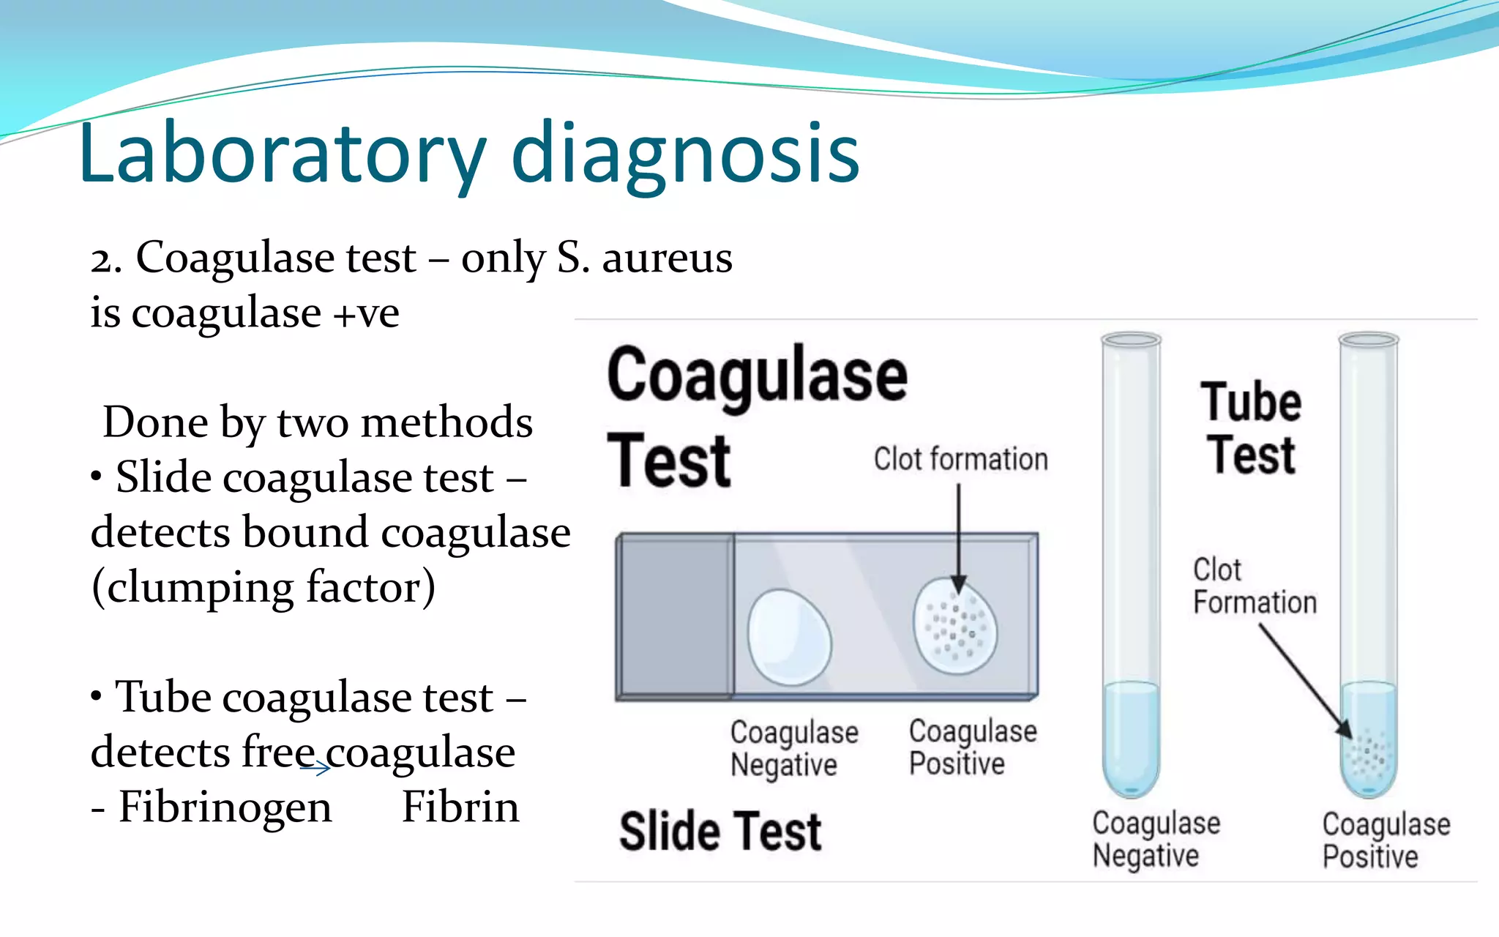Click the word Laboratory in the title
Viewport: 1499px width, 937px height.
coord(282,154)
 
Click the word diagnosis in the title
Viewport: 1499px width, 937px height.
coord(685,155)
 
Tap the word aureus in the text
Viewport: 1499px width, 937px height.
coord(667,258)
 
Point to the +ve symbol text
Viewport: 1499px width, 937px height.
coord(366,313)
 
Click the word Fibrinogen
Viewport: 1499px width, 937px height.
coord(225,807)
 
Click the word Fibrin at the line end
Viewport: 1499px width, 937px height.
coord(460,807)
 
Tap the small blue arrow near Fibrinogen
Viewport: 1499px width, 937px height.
coord(315,767)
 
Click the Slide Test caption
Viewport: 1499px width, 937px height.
coord(720,832)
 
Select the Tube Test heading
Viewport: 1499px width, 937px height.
coord(1251,428)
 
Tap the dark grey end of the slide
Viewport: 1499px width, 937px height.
coord(675,616)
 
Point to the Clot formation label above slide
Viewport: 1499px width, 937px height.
coord(960,460)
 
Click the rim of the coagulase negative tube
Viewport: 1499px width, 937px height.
coord(1131,340)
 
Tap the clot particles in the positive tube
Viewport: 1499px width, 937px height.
coord(1367,754)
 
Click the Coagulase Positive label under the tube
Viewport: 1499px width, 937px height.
coord(1386,840)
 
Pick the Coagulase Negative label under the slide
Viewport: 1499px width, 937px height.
coord(793,748)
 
